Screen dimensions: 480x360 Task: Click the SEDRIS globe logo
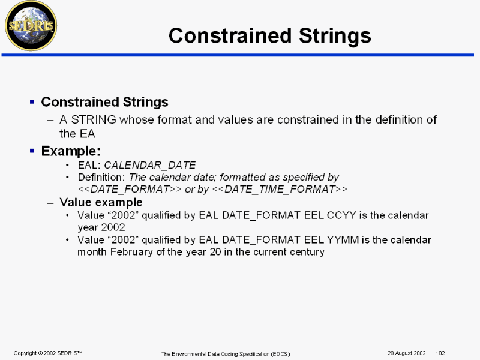[x=31, y=26]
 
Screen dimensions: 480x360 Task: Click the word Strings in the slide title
[x=335, y=37]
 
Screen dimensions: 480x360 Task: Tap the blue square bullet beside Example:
[x=32, y=151]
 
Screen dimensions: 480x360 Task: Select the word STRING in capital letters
[x=94, y=119]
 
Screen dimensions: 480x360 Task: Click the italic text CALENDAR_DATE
[x=149, y=166]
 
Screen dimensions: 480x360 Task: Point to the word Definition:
[x=101, y=177]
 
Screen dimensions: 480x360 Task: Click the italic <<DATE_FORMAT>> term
[x=130, y=190]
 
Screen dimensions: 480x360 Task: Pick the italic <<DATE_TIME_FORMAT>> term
[x=280, y=190]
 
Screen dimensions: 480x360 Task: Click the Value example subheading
[x=101, y=202]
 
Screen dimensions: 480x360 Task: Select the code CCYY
[x=341, y=215]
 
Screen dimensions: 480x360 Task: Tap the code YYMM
[x=343, y=239]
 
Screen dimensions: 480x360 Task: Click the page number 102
[x=440, y=353]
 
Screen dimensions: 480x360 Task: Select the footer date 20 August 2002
[x=407, y=353]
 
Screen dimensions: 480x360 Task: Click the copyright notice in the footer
[x=48, y=353]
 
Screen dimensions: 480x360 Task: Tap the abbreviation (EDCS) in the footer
[x=280, y=354]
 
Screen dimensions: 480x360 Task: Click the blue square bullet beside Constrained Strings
[x=32, y=101]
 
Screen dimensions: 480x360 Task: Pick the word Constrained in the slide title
[x=230, y=36]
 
